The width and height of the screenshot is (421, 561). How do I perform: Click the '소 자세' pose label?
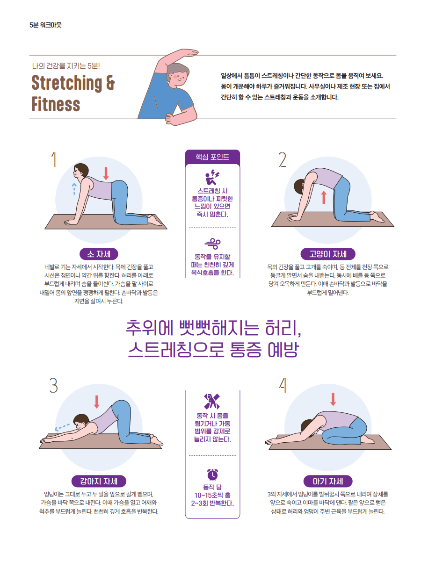(x=99, y=254)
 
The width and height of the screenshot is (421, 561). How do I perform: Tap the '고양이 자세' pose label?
(x=328, y=254)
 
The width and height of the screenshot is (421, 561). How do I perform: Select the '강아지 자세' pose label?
(x=99, y=481)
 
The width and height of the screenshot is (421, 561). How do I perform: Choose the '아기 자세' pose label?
(x=328, y=481)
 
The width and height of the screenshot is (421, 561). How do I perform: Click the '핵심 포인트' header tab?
(x=212, y=157)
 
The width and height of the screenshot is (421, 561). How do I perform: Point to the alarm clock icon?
(x=212, y=475)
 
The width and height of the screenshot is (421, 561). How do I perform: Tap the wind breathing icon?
(x=212, y=244)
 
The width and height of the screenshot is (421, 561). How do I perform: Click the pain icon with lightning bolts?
(x=212, y=177)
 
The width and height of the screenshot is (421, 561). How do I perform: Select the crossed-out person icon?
(x=212, y=401)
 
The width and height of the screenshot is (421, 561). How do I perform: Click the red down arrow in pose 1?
(x=106, y=173)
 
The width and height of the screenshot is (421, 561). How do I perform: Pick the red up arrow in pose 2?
(x=324, y=197)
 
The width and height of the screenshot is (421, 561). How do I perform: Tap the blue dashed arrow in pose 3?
(x=62, y=427)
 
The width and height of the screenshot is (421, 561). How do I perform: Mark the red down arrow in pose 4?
(x=333, y=399)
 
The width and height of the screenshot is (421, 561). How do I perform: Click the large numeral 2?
(x=283, y=160)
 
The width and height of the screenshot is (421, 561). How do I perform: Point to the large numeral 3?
(x=53, y=385)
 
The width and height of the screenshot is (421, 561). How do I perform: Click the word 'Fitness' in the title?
(x=56, y=104)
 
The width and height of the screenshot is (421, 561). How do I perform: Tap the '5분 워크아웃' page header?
(x=45, y=25)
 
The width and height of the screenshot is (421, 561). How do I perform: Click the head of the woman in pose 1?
(x=81, y=171)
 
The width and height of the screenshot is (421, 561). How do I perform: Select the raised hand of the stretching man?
(x=189, y=52)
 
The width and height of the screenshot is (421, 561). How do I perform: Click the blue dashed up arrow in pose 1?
(x=74, y=189)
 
